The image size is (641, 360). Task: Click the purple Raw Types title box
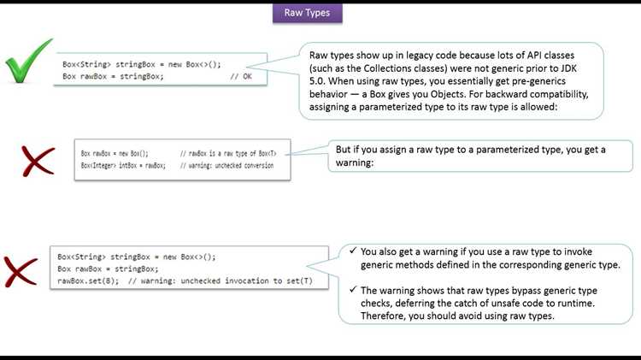point(308,13)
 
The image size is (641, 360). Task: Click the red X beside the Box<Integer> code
point(38,161)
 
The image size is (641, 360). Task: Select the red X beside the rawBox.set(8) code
point(21,272)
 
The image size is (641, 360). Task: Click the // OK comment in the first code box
point(241,76)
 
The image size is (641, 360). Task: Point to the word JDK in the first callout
point(567,68)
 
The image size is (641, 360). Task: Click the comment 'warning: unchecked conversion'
point(226,166)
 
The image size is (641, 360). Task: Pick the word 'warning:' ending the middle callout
point(355,162)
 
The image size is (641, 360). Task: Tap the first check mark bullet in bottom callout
point(353,251)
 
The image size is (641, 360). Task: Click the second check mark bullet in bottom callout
point(353,289)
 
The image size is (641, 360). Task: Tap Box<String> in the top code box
point(86,65)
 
